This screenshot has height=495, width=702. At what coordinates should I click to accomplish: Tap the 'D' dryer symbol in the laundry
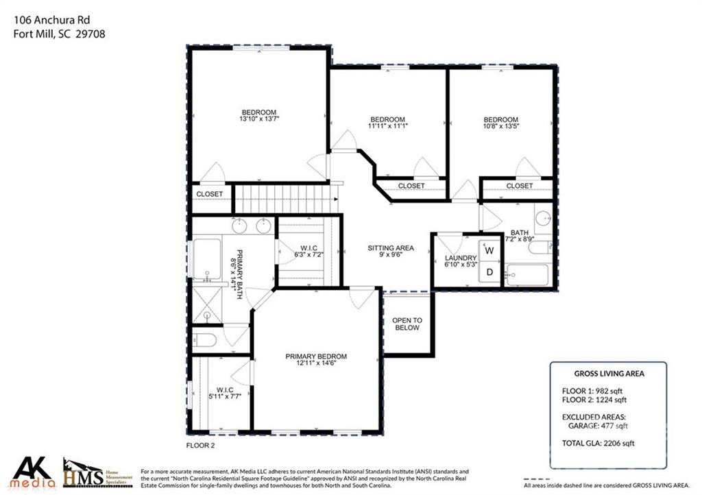489,272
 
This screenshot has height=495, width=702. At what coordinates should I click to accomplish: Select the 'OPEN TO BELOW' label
407,324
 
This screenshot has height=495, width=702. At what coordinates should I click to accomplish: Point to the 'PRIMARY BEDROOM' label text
316,357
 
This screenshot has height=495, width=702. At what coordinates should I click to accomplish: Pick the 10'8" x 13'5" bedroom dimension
500,126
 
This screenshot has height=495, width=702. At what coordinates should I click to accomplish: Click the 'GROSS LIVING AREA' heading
609,374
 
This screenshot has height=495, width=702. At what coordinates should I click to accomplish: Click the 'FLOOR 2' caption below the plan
201,445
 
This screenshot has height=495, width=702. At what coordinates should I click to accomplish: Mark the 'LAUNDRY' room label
461,258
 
